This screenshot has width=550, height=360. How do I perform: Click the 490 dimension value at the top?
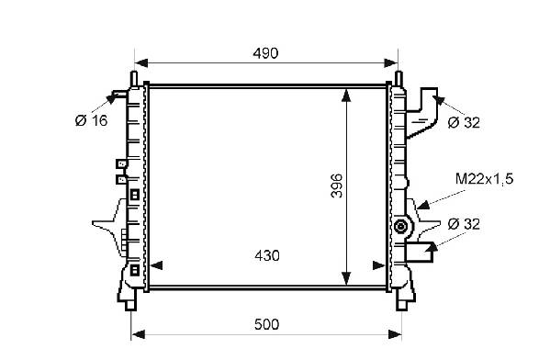coord(265,53)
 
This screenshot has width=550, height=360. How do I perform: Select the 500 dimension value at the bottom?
coord(267,324)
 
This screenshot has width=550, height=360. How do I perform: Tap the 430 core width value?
coord(267,256)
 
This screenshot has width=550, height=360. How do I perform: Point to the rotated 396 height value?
coord(337,186)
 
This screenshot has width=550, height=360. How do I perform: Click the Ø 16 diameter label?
coord(91,120)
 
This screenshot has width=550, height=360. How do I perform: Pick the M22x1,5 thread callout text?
coord(484,179)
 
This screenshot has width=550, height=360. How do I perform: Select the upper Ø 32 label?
coord(464,122)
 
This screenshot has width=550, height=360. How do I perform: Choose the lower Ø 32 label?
coord(464,224)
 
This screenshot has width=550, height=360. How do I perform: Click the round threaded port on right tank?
coord(399,226)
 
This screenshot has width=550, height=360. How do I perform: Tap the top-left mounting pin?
coord(134,78)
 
